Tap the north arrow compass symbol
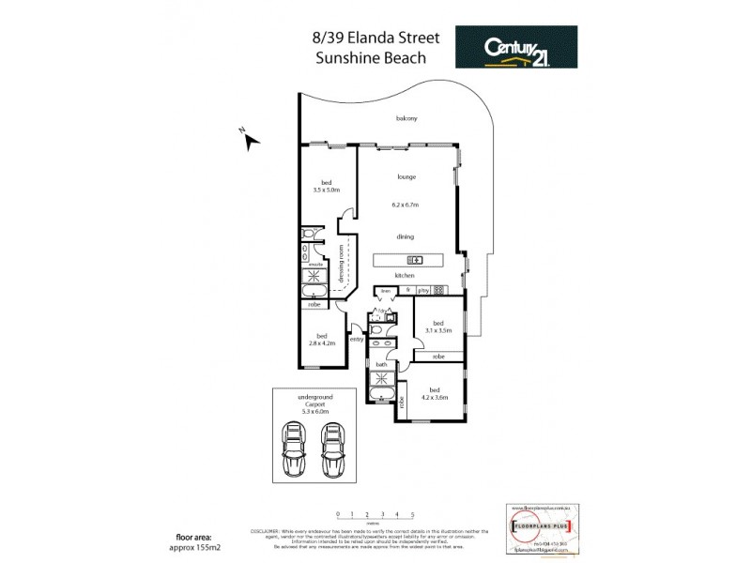tap(250, 141)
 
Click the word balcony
tap(406, 119)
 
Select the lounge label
tap(406, 176)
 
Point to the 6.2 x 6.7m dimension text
tap(406, 205)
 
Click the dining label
tap(406, 236)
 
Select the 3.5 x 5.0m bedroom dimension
tap(327, 190)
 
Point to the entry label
tap(356, 339)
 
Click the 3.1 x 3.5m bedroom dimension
tap(438, 330)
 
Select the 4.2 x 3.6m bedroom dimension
tap(433, 397)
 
